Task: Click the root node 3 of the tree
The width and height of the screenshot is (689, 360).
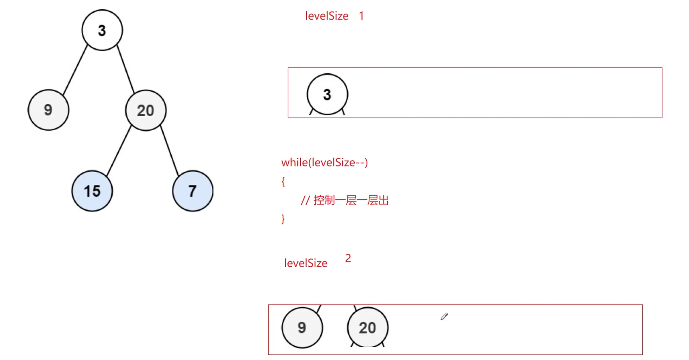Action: pyautogui.click(x=102, y=30)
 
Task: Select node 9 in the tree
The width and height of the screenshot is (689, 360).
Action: pyautogui.click(x=48, y=110)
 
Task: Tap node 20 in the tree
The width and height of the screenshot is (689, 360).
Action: pyautogui.click(x=146, y=111)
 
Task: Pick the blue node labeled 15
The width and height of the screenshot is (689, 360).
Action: pyautogui.click(x=92, y=191)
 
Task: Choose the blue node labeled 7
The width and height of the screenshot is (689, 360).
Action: pyautogui.click(x=192, y=191)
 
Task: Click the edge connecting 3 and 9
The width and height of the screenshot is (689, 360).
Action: pyautogui.click(x=75, y=70)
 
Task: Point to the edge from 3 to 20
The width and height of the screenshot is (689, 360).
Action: pyautogui.click(x=126, y=69)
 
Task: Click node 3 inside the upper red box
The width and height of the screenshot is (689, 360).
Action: pyautogui.click(x=327, y=94)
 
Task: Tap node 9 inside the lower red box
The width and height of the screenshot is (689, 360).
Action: pyautogui.click(x=302, y=328)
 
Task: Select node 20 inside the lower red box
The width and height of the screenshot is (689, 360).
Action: pyautogui.click(x=368, y=328)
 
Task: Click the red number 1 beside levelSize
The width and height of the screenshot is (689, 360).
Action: pyautogui.click(x=361, y=16)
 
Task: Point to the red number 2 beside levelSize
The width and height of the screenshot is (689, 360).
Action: pyautogui.click(x=348, y=258)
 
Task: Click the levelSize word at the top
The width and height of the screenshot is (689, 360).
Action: pyautogui.click(x=327, y=16)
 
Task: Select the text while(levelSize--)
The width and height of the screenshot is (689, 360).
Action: pyautogui.click(x=324, y=162)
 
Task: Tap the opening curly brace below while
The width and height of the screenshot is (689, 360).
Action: pyautogui.click(x=283, y=182)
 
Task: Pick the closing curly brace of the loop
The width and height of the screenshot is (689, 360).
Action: pyautogui.click(x=283, y=219)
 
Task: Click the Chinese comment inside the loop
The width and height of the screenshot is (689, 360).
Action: pyautogui.click(x=344, y=200)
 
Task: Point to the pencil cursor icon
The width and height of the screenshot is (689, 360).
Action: pyautogui.click(x=444, y=316)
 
